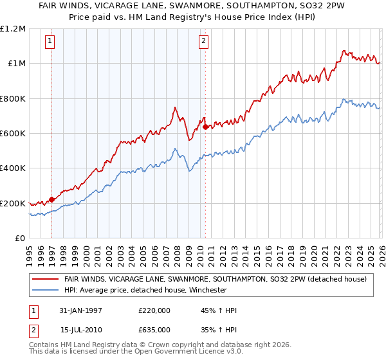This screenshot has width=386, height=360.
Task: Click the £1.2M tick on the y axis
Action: point(13,28)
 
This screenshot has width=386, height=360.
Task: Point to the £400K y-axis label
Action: point(13,168)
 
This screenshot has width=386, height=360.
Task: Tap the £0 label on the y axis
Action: point(20,239)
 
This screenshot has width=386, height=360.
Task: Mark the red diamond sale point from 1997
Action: point(52,199)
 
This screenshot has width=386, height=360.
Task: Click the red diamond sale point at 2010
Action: point(205,127)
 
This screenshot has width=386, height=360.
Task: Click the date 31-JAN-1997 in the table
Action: point(80,310)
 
